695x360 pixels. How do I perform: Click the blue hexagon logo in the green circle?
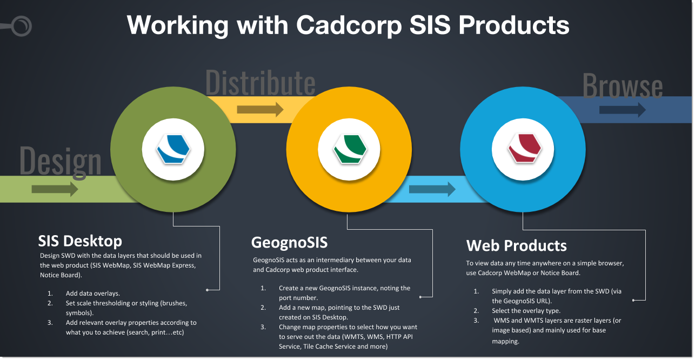tap(173, 149)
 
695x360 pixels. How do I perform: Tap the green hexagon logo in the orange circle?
tap(350, 149)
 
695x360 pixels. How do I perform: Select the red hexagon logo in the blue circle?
tap(524, 148)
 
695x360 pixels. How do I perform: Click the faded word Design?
tap(61, 162)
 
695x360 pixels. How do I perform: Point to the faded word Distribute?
tap(260, 83)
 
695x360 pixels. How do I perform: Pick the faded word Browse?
tap(623, 85)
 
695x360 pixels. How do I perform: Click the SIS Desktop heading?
tap(80, 241)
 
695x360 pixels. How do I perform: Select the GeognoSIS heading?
tap(289, 242)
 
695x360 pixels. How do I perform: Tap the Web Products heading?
tap(516, 245)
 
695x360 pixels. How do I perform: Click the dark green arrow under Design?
tap(55, 189)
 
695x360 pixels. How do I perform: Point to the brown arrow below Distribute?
tap(260, 109)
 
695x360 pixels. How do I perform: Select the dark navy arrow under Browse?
tap(623, 110)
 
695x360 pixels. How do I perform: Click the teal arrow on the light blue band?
tap(432, 189)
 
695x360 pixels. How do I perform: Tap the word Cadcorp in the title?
tap(349, 26)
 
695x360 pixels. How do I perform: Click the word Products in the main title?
tap(514, 25)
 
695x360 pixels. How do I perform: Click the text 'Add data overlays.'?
tap(93, 294)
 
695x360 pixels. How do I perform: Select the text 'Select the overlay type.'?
tap(526, 311)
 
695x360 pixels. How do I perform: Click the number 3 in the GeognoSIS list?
tap(263, 327)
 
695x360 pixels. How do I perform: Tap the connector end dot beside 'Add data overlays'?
tap(208, 290)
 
